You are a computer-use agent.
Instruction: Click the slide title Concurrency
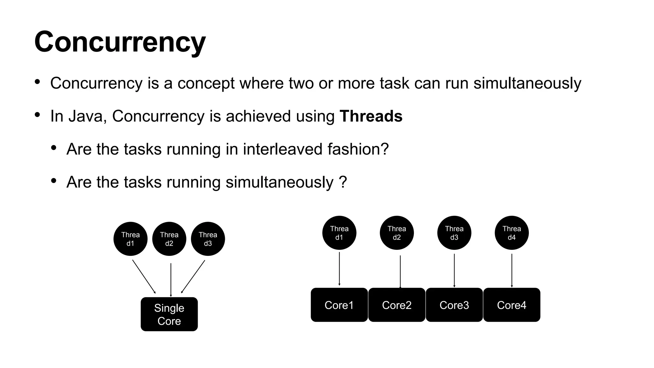coord(120,42)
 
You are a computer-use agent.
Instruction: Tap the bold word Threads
coord(371,116)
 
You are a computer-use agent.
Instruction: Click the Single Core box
coord(169,314)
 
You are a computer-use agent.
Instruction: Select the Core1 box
coord(339,305)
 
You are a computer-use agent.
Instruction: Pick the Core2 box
coord(397,305)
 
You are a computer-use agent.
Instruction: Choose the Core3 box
coord(454,305)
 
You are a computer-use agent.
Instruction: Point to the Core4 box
coord(512,305)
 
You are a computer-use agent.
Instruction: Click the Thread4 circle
coord(512,233)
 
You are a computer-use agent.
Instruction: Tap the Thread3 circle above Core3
coord(454,233)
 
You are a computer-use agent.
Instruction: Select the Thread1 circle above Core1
coord(339,233)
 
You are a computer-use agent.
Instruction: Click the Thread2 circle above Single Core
coord(169,239)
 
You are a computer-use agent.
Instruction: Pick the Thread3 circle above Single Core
coord(208,239)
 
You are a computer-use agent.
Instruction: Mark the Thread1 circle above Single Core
coord(130,239)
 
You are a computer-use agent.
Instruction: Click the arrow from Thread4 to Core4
coord(512,270)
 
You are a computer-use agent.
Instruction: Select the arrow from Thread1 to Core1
coord(339,268)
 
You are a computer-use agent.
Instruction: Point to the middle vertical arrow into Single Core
coord(171,280)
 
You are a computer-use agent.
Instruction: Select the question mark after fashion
coord(385,149)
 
